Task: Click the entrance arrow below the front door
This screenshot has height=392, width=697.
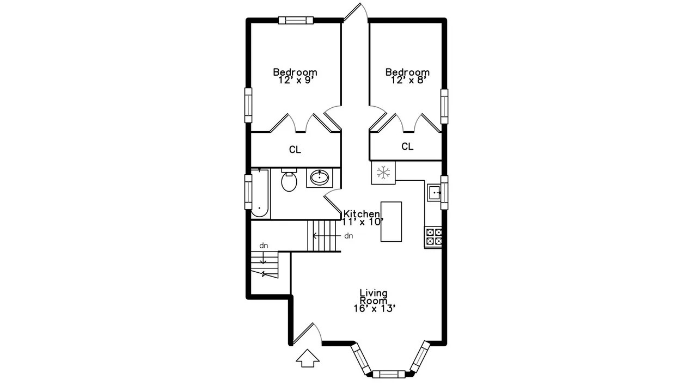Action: point(308,358)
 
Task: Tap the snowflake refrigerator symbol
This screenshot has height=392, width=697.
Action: point(384,173)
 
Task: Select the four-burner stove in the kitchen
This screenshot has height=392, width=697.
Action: point(434,236)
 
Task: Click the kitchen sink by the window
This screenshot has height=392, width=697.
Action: point(435,192)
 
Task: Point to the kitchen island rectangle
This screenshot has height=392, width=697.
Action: point(391,222)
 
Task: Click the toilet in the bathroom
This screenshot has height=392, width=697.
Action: point(289,181)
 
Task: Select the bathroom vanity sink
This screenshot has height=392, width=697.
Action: point(319,177)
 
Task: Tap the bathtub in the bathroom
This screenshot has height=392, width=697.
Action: point(260,193)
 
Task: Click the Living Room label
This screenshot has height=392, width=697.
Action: point(374,297)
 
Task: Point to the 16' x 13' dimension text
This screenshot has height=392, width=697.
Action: point(374,308)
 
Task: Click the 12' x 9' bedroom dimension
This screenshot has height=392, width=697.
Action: point(295,80)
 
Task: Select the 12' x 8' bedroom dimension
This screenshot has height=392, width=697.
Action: point(407,80)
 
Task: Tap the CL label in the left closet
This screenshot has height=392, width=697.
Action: point(295,150)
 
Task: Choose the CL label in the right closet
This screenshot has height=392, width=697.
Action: point(407,146)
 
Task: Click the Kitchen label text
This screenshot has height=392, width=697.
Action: point(361,214)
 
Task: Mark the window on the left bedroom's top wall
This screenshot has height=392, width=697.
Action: point(296,21)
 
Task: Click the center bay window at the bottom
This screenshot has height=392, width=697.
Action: point(389,374)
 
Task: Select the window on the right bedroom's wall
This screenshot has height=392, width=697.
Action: point(444,106)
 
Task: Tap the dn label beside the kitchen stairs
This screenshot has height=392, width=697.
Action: point(348,236)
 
